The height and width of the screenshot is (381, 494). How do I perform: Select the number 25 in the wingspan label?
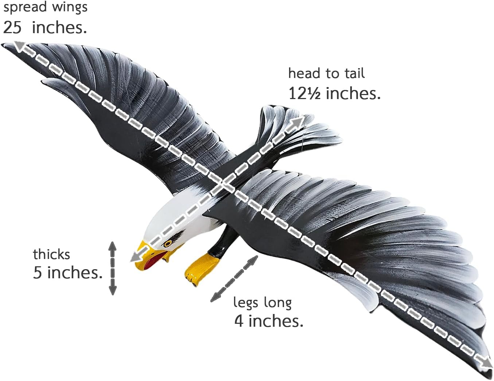click(12, 27)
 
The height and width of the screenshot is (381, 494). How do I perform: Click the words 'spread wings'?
click(45, 7)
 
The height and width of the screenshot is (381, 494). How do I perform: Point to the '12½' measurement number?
click(304, 94)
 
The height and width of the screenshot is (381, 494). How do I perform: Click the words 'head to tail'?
click(326, 74)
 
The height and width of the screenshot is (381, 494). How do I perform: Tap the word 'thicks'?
click(51, 254)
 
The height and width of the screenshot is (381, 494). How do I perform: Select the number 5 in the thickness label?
click(37, 272)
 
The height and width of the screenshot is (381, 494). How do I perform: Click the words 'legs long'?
click(262, 302)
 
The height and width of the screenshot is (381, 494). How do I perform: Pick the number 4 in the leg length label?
click(239, 321)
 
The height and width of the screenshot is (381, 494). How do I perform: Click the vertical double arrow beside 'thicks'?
click(113, 268)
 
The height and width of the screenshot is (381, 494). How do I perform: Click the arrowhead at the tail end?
click(299, 122)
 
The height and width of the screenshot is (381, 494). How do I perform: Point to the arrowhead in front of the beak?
click(135, 256)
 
